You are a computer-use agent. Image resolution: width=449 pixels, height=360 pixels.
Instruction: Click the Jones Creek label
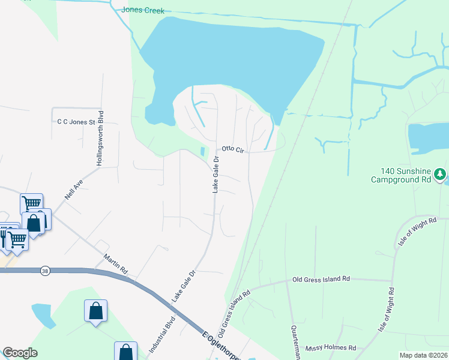click(142, 10)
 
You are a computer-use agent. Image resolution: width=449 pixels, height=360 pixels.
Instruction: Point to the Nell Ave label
click(73, 190)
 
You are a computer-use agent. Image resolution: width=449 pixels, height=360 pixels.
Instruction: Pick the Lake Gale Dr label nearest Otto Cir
click(215, 173)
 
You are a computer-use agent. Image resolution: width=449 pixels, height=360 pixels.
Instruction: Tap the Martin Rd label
click(116, 263)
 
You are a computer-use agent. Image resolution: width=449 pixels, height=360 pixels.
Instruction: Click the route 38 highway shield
click(45, 271)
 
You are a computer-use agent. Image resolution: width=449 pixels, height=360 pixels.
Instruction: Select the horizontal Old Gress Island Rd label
click(321, 279)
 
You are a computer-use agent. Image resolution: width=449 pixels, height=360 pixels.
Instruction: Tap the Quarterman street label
click(295, 343)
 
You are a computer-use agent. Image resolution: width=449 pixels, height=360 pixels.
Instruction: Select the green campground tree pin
click(441, 174)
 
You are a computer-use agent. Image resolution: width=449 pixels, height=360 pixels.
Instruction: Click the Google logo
click(20, 353)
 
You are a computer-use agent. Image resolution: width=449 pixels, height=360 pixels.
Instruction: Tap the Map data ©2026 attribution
click(423, 355)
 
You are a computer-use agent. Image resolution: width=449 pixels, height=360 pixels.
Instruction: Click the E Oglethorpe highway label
click(221, 344)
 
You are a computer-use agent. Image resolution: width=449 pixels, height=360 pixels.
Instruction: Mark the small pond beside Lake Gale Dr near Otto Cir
click(202, 151)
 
